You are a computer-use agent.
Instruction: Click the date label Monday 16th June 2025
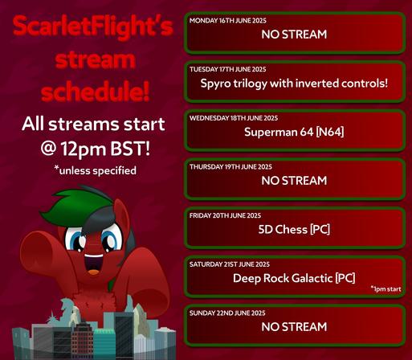228,21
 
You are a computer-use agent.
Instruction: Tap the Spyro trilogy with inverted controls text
294,84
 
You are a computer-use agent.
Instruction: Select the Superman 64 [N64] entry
294,132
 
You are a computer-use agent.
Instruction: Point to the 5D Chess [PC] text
294,230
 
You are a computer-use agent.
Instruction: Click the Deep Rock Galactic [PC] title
294,278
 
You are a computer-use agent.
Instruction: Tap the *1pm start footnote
385,289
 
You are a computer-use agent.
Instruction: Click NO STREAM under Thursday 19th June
294,181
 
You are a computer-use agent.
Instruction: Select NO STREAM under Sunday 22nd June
294,327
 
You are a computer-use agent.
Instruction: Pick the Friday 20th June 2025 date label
225,215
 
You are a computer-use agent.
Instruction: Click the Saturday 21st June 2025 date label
230,264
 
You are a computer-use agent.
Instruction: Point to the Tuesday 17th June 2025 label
228,69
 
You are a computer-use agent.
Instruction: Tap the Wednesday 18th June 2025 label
234,118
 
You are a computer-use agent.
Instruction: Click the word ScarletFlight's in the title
93,27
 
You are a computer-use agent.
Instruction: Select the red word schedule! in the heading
95,90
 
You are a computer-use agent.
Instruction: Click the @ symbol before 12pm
48,149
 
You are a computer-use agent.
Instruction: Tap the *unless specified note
95,170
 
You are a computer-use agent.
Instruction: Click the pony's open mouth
94,264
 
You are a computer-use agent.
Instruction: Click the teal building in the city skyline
104,344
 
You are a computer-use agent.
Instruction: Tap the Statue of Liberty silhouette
65,312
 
